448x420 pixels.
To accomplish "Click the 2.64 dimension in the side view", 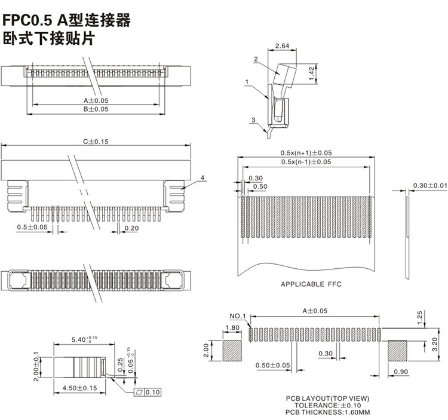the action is pos(282,46).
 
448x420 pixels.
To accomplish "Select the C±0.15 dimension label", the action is pos(96,142).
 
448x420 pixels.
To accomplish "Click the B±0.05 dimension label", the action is pos(96,109).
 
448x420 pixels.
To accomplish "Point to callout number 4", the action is pos(202,177).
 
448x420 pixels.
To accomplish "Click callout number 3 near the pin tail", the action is pos(253,120).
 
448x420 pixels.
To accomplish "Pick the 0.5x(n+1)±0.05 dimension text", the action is pos(306,153).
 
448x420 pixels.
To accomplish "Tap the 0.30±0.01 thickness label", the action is pos(430,185).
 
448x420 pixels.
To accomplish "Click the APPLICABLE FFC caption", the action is pos(311,284).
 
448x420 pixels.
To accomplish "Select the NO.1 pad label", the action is pos(238,316).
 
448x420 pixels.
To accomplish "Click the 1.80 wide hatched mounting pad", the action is pos(232,351).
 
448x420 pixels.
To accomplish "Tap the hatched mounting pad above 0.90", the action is pos(397,351).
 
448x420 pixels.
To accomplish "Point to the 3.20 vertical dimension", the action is pos(435,344).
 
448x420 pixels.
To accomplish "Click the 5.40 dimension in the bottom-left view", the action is pos(84,339).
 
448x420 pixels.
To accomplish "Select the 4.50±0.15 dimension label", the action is pos(79,388).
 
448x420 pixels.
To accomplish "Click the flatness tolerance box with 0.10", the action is pos(148,392).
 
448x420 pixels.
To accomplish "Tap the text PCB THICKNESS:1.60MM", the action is pos(327,412).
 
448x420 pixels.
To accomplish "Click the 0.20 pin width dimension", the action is pos(131,228).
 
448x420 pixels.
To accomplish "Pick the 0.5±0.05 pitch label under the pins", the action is pos(32,227).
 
